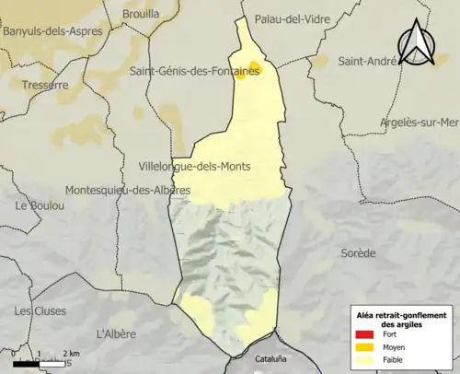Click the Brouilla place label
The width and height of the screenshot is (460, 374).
[140, 15]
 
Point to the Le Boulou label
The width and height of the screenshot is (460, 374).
[38, 206]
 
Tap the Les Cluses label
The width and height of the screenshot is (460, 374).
[35, 310]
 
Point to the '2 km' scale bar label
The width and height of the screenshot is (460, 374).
[70, 354]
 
